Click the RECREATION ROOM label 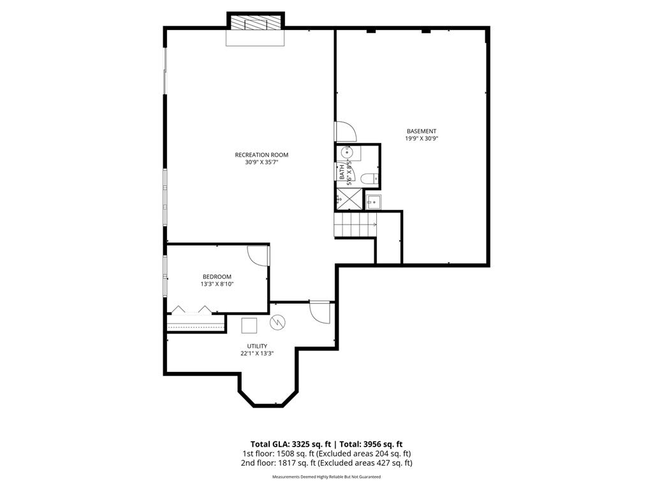coord(261,155)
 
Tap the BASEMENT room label coord(422,131)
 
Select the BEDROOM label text coord(217,276)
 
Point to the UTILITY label coord(257,346)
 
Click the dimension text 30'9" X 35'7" coord(261,163)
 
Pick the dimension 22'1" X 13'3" coord(257,354)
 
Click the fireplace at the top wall coord(255,24)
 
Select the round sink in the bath coord(348,152)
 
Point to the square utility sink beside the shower coord(372,202)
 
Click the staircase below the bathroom coord(355,225)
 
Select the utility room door coord(319,312)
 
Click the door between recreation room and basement coord(346,132)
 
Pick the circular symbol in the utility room coord(277,323)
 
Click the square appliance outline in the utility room coord(249,325)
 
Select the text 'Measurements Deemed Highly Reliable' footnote coord(326,477)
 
